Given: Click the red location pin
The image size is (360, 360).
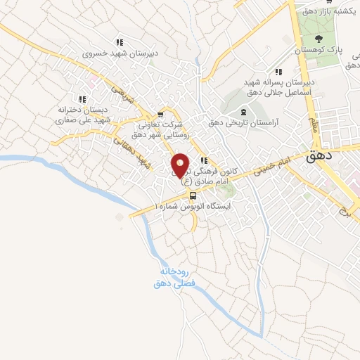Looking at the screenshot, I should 180,165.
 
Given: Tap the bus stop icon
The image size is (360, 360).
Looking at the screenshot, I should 193,195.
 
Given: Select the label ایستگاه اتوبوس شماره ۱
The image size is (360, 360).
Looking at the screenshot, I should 198,207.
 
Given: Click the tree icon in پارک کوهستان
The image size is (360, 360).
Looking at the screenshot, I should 319,39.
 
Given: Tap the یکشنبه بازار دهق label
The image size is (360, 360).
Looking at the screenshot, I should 326,12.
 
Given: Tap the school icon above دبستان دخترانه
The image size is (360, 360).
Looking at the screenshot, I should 82,99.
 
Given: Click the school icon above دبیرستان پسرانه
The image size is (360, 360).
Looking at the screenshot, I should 278,71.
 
